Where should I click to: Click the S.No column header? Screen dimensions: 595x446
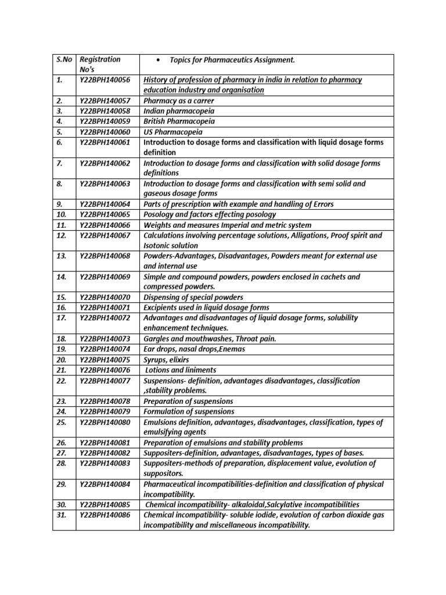click(x=64, y=59)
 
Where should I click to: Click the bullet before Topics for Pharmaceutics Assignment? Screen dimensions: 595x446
click(x=159, y=60)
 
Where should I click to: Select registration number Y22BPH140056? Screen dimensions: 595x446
click(x=105, y=80)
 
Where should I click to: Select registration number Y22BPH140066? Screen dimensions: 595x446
click(x=105, y=225)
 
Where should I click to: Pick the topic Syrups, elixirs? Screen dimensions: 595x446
click(x=166, y=360)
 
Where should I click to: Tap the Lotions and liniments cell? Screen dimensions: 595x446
click(x=181, y=370)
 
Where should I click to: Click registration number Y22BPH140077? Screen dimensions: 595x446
click(x=105, y=381)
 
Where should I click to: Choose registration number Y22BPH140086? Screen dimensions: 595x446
click(x=105, y=515)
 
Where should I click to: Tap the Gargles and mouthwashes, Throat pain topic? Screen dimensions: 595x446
click(x=210, y=339)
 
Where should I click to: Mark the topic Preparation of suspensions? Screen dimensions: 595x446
click(x=188, y=402)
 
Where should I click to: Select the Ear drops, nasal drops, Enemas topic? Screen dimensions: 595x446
click(x=194, y=349)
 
